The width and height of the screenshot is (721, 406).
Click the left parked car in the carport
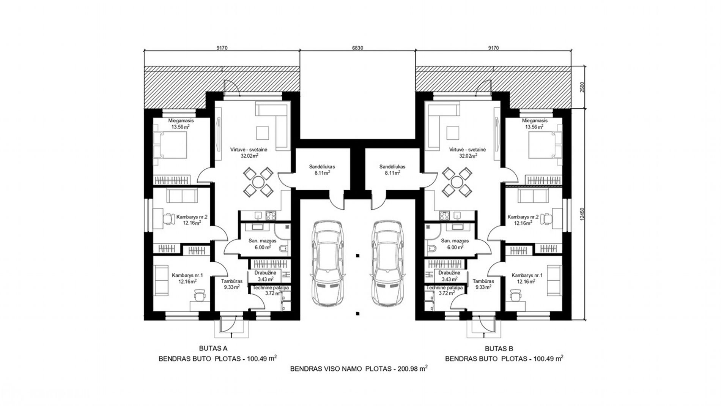click(x=328, y=264)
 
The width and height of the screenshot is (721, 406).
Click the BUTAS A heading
click(x=213, y=348)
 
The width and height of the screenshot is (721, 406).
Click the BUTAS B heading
click(x=499, y=348)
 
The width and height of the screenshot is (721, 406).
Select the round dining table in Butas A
click(x=258, y=182)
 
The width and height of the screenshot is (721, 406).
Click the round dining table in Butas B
click(x=455, y=182)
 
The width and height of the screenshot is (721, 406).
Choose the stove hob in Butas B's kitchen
click(x=444, y=216)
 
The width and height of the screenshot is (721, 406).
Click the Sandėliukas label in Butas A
click(x=322, y=166)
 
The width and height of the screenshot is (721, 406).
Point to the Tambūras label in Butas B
click(x=483, y=281)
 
